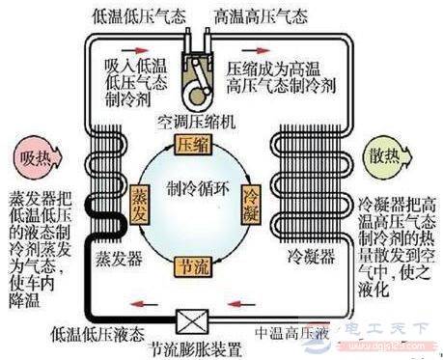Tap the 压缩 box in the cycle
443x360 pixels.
[189, 144]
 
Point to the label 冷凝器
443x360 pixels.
[311, 259]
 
